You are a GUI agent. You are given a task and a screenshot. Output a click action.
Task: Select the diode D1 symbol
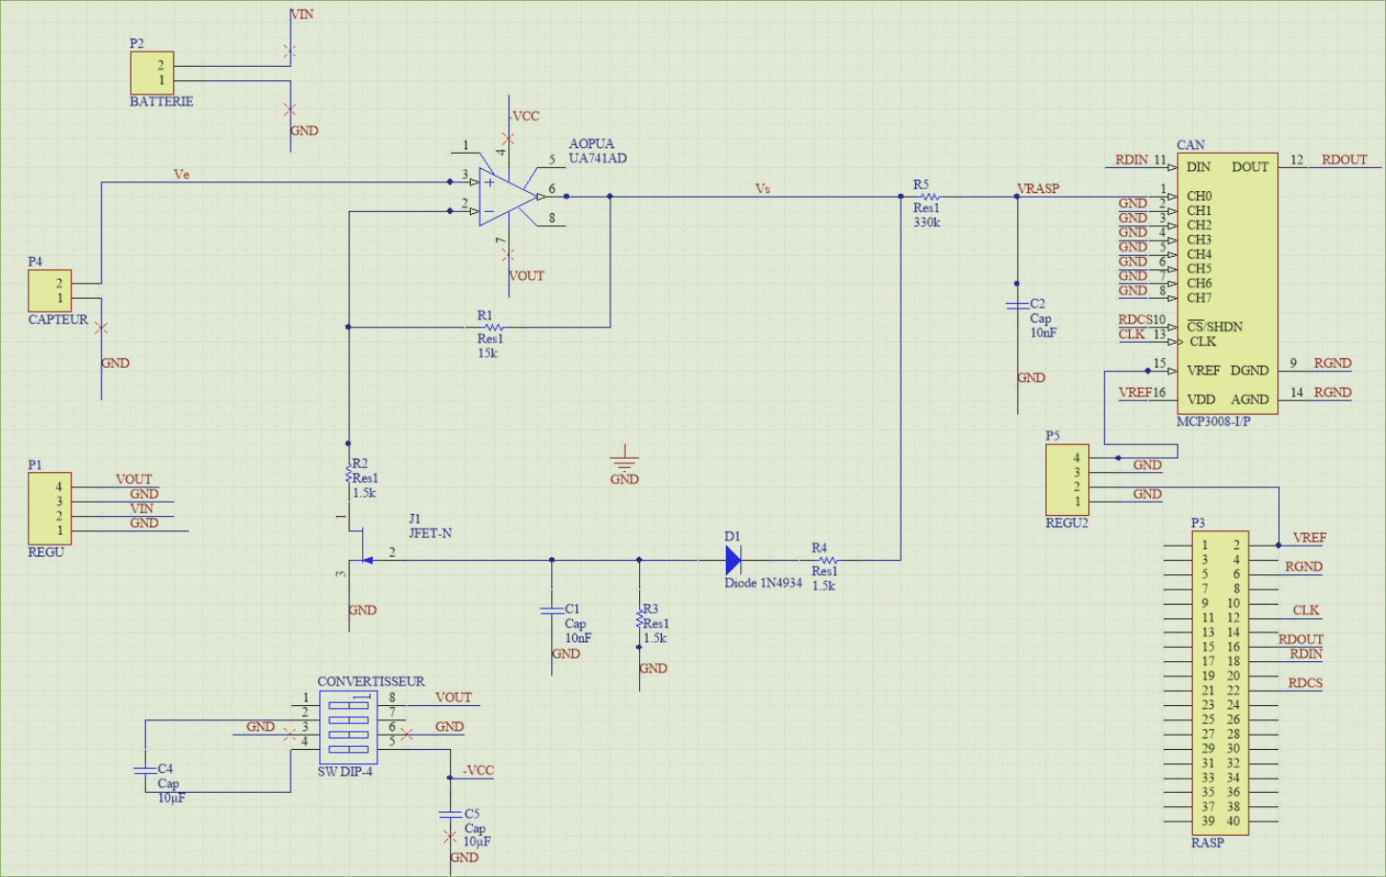click(x=734, y=560)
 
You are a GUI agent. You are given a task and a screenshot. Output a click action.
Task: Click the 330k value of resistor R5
click(x=927, y=223)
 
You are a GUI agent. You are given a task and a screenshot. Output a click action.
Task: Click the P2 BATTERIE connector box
click(x=153, y=73)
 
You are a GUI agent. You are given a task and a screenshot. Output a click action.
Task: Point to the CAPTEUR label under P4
click(x=58, y=320)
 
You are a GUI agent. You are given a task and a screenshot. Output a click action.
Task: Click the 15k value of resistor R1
click(x=487, y=353)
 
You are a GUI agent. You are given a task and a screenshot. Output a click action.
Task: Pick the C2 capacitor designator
click(x=1037, y=304)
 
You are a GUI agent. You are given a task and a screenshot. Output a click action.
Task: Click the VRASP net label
click(x=1038, y=188)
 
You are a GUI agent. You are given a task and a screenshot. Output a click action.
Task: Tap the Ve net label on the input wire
click(x=181, y=175)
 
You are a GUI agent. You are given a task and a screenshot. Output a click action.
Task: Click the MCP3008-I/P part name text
click(x=1213, y=421)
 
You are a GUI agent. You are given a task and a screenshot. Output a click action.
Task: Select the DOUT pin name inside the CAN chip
click(x=1249, y=167)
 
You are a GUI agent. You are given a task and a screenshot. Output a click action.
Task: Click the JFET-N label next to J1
click(x=430, y=533)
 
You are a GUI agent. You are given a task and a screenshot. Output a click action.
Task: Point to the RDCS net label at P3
click(x=1305, y=683)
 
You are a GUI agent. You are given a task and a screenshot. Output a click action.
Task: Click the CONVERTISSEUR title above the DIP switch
click(x=371, y=682)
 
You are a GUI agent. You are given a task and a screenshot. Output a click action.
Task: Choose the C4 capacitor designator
click(x=165, y=768)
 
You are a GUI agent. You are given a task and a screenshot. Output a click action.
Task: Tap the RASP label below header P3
click(x=1207, y=843)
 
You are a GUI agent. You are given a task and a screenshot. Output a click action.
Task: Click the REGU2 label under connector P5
click(x=1067, y=524)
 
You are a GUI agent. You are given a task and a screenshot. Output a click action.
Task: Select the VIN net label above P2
click(x=303, y=14)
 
